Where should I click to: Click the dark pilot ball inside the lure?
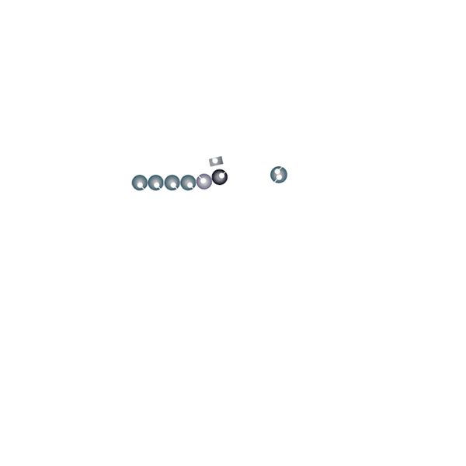pos(219,178)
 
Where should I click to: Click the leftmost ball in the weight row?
pos(140,183)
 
